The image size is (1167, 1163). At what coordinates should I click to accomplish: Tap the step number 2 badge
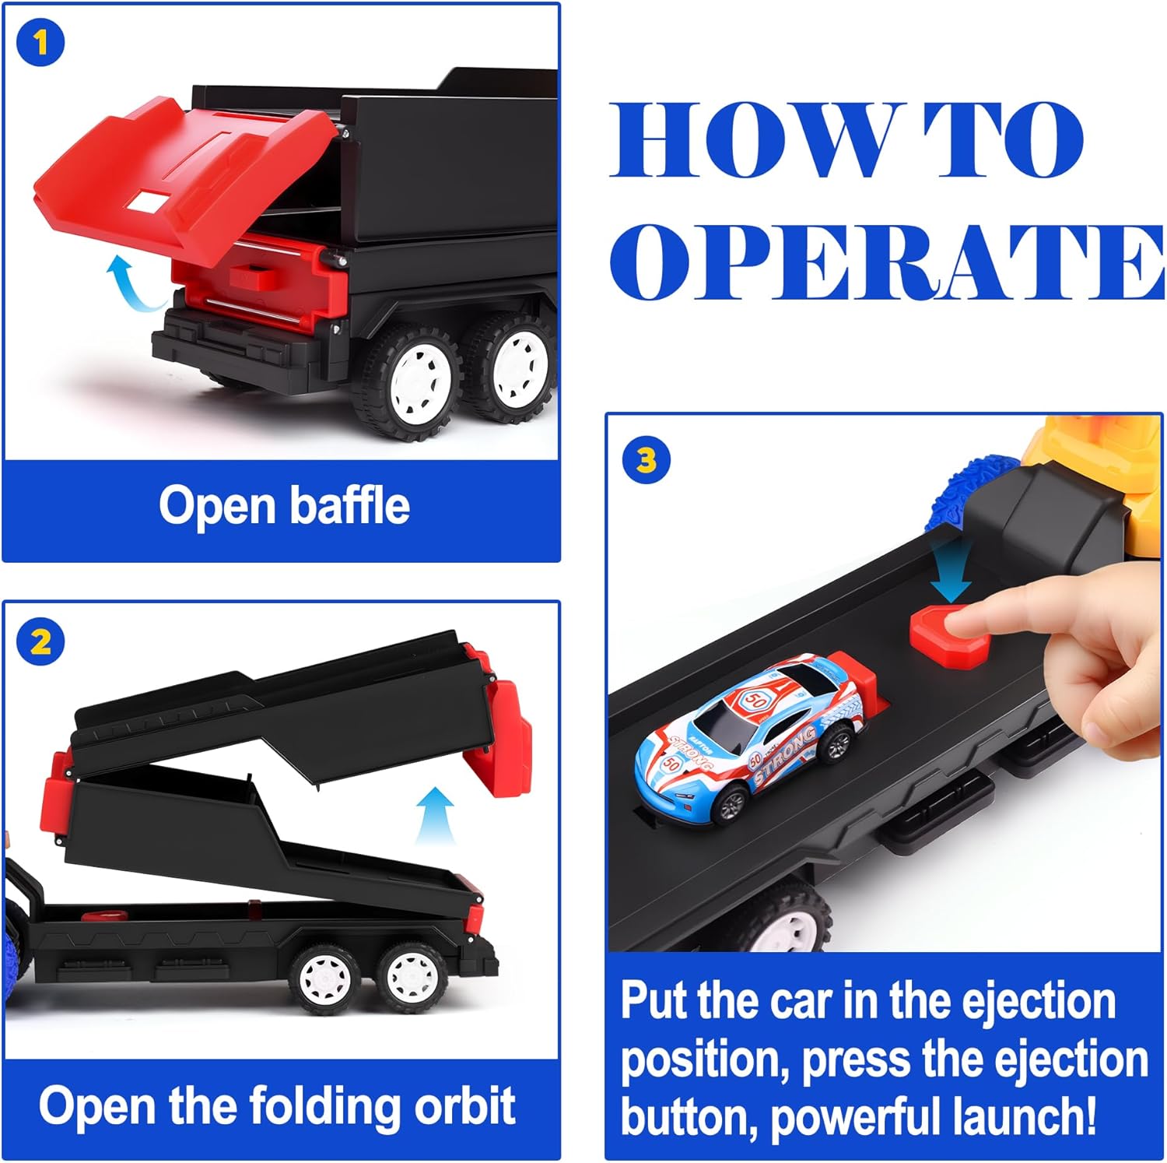(x=40, y=642)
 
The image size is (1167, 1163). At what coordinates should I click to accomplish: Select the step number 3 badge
(x=647, y=461)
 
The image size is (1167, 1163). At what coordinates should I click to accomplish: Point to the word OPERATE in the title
(x=887, y=262)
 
